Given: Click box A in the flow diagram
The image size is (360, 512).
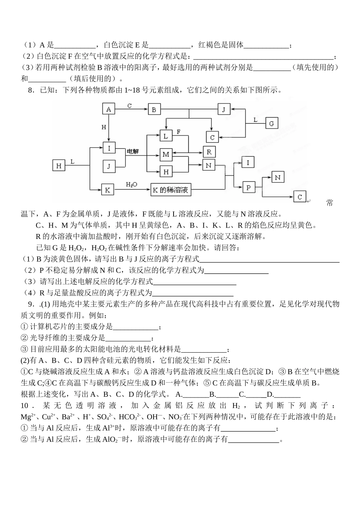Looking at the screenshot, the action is [x=108, y=109].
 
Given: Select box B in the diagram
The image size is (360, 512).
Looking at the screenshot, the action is [x=154, y=110].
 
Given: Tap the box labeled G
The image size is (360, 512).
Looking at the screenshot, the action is [x=271, y=124].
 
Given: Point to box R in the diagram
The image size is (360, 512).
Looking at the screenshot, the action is [x=209, y=152].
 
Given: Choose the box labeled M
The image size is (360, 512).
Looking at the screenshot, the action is [x=166, y=154].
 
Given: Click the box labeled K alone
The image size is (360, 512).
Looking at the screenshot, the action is [x=107, y=190].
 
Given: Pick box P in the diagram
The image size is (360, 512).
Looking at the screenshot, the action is [x=249, y=187].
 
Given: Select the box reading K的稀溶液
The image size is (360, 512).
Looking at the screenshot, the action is [x=170, y=190].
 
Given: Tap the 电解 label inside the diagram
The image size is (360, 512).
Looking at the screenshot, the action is [x=133, y=151].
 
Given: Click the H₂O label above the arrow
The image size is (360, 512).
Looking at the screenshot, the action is [x=131, y=184].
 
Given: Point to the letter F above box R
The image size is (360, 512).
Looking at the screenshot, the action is [x=178, y=132].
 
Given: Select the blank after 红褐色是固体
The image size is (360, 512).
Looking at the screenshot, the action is [x=266, y=45].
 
